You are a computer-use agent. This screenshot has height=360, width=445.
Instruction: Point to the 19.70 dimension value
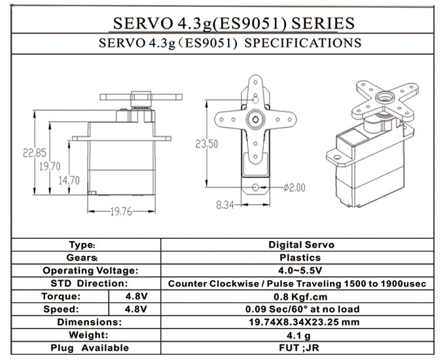click(50, 166)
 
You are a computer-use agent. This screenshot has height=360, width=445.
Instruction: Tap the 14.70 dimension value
click(69, 180)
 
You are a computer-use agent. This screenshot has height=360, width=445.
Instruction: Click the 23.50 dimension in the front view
click(206, 144)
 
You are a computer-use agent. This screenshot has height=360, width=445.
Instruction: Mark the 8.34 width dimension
click(225, 205)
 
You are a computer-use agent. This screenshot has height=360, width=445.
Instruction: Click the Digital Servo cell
click(301, 245)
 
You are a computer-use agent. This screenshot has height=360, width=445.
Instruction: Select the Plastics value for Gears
click(301, 258)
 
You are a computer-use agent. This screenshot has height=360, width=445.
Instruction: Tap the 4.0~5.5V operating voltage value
click(301, 270)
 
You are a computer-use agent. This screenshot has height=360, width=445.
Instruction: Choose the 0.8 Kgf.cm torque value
click(301, 296)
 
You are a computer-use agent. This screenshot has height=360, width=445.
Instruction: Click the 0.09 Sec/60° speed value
click(301, 309)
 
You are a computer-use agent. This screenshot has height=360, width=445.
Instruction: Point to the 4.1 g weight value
click(301, 334)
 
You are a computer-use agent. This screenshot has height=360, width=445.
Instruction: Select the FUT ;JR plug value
click(301, 348)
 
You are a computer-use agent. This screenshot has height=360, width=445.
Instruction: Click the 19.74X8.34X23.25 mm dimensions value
click(301, 322)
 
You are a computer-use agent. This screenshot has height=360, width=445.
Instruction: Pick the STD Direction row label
click(89, 283)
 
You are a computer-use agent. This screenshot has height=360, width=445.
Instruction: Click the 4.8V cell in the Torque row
click(135, 296)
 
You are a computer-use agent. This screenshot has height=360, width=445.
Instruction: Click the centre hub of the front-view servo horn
click(255, 119)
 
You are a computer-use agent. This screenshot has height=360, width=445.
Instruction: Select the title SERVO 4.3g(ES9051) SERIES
click(234, 23)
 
